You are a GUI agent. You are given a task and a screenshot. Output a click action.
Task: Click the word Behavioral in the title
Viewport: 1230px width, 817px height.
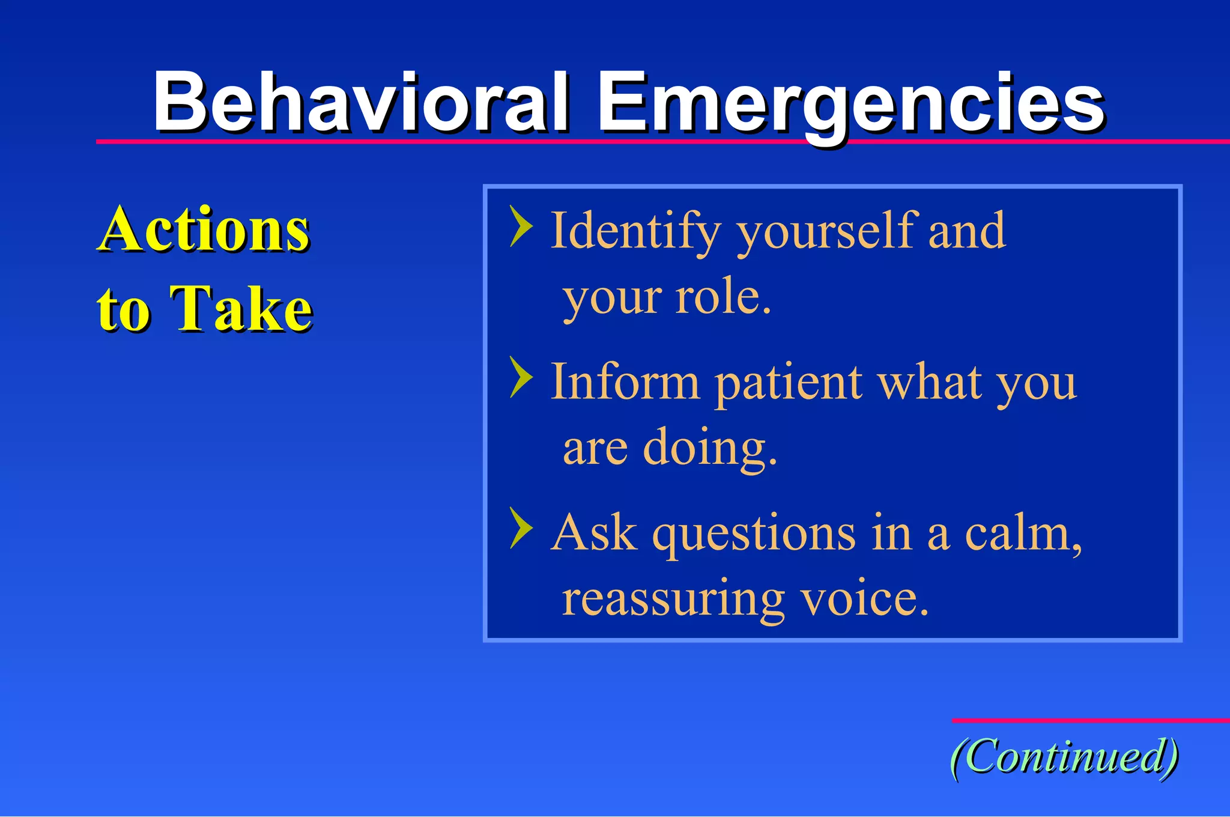(x=360, y=102)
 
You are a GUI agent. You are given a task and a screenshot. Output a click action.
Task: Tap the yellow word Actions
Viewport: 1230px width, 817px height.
(x=204, y=229)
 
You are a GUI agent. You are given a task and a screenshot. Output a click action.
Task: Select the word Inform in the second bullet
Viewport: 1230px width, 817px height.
(x=625, y=382)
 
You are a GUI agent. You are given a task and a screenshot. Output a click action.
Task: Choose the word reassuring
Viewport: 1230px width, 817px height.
(x=673, y=600)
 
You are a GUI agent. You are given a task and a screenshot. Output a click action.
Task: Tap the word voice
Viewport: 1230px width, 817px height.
(x=859, y=599)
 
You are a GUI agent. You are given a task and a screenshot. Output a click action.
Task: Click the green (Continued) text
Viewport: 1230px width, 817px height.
(x=1064, y=756)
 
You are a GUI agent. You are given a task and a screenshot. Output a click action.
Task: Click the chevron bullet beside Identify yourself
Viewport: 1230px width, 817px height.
(x=521, y=226)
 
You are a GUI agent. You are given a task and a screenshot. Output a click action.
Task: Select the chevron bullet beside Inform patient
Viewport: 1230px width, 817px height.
(x=521, y=377)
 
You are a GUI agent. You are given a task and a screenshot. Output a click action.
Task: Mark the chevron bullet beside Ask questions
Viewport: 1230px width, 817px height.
(x=521, y=528)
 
